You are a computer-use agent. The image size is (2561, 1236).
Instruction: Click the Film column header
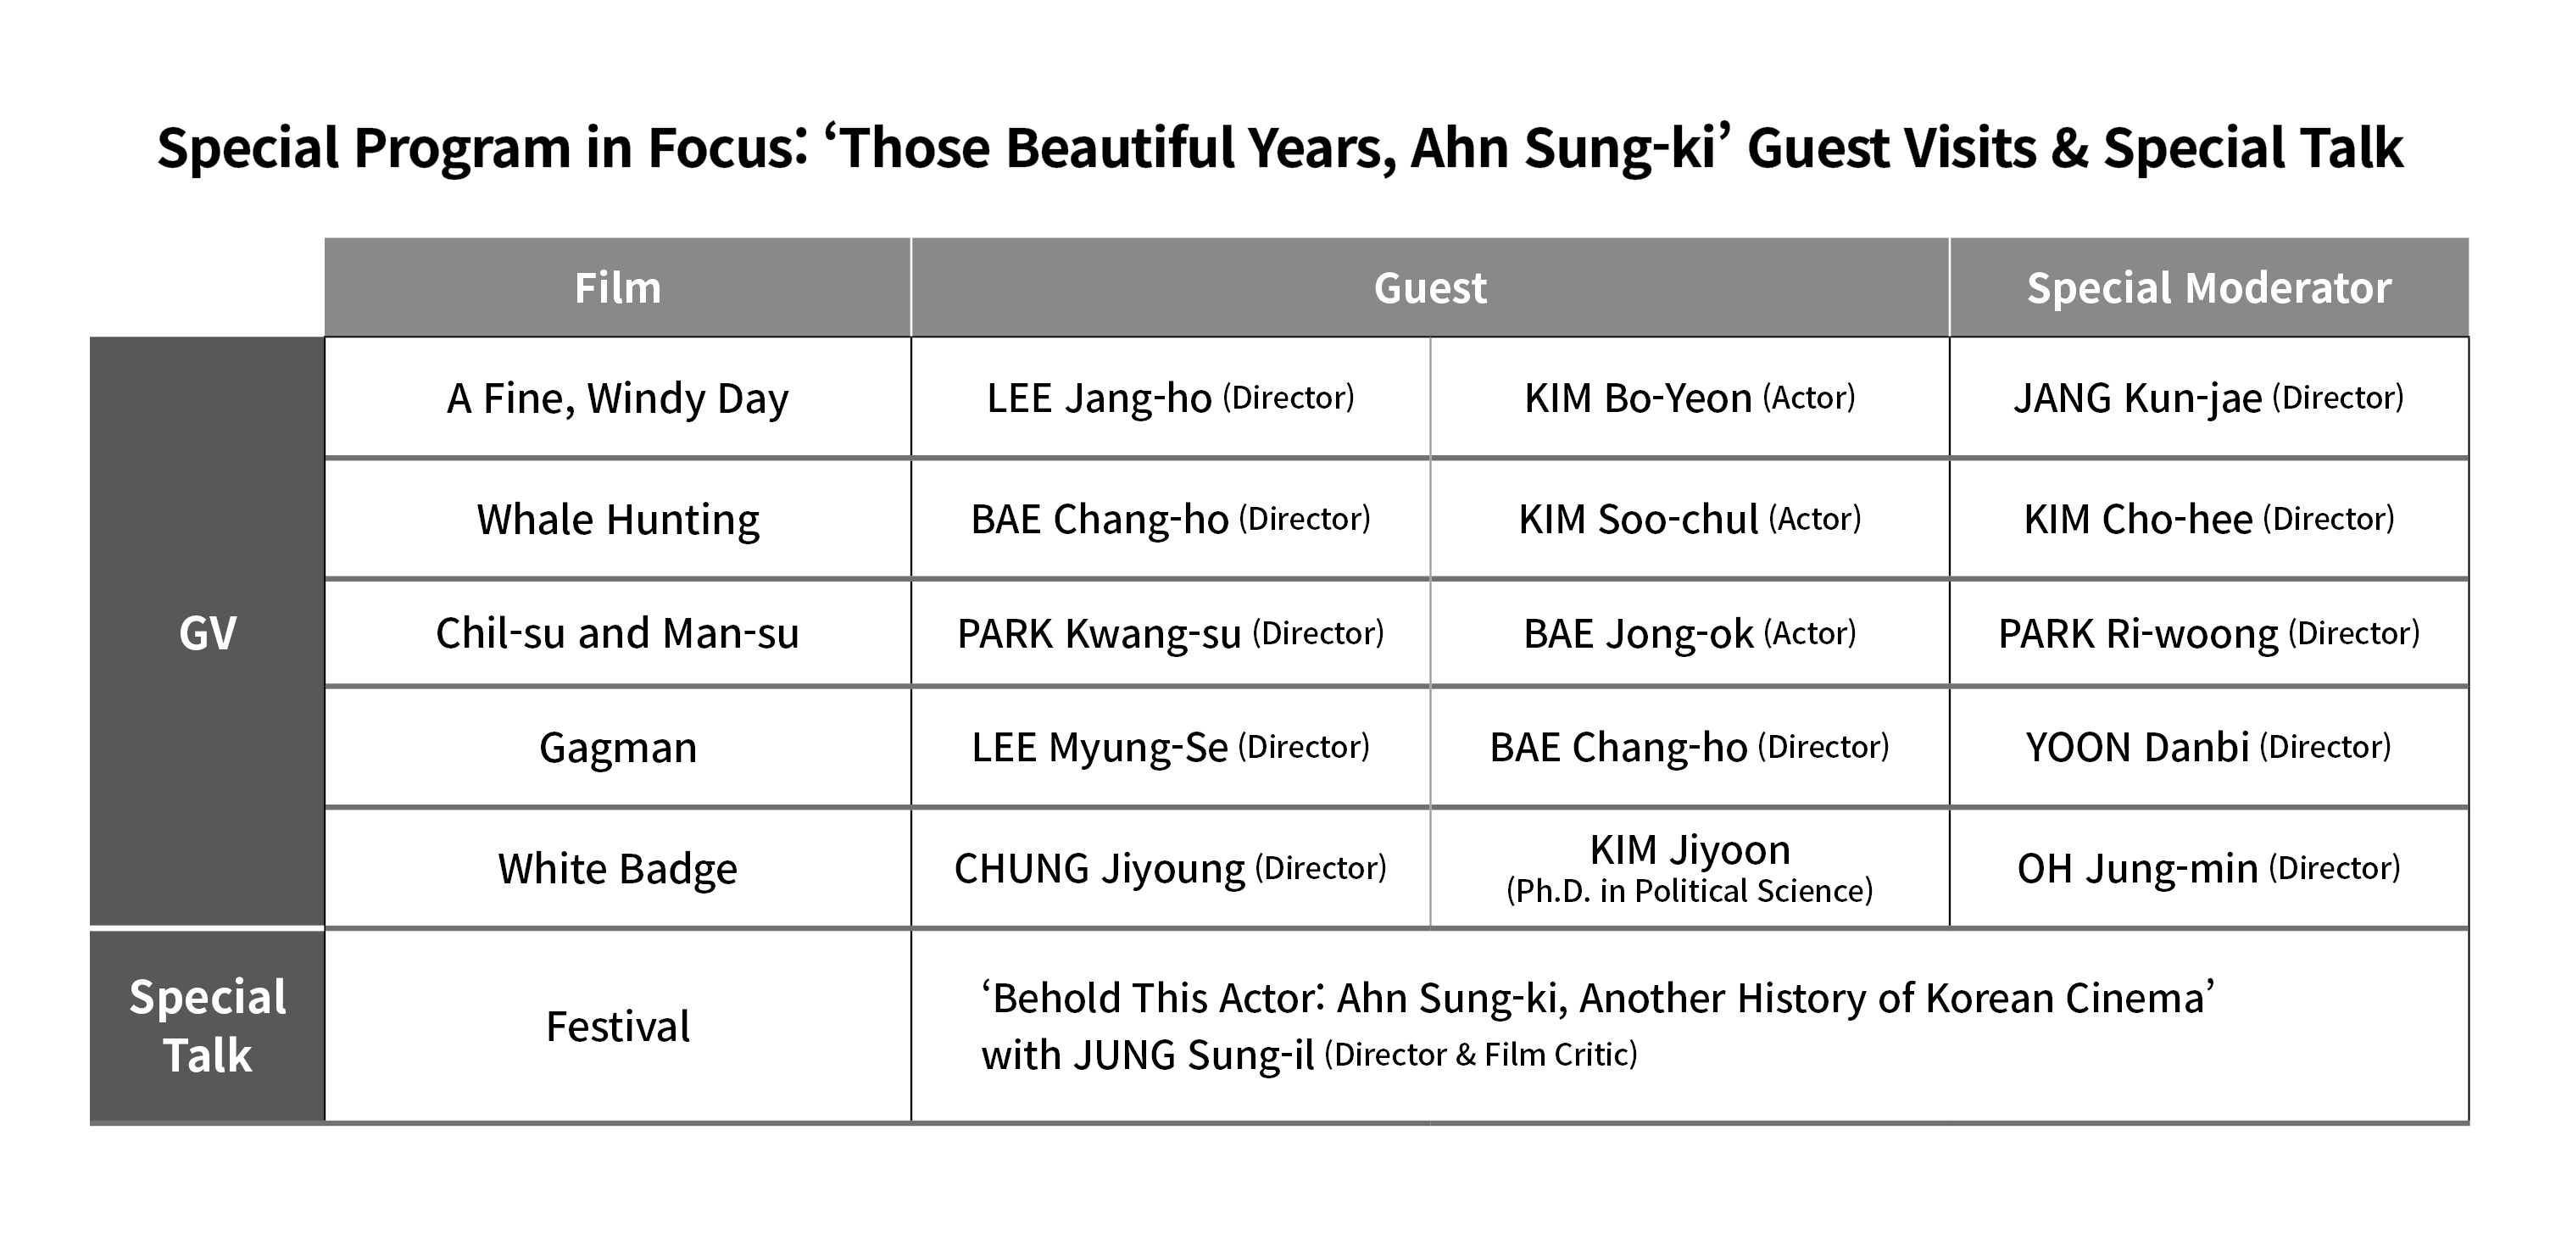(617, 288)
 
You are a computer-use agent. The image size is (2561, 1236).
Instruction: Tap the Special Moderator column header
(2209, 288)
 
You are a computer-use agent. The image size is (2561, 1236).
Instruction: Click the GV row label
(208, 633)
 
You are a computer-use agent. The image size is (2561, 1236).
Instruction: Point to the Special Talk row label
(208, 1027)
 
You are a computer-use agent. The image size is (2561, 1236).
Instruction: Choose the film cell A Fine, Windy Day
(617, 398)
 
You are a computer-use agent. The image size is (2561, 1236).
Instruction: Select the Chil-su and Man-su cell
(617, 633)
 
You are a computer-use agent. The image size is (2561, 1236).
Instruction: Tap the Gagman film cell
(617, 748)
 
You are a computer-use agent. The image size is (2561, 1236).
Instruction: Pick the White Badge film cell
(617, 869)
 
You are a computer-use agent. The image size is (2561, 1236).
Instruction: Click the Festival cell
(617, 1027)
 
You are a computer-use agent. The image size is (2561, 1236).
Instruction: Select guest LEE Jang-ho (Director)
(1170, 398)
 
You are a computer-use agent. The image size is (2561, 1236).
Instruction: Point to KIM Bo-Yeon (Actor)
(1689, 398)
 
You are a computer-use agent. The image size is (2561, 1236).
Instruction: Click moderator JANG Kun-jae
(2137, 398)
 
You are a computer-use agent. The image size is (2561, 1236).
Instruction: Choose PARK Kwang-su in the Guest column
(1099, 633)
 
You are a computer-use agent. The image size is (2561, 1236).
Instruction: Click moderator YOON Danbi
(2137, 748)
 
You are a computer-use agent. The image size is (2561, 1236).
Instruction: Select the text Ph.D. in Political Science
(1689, 891)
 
